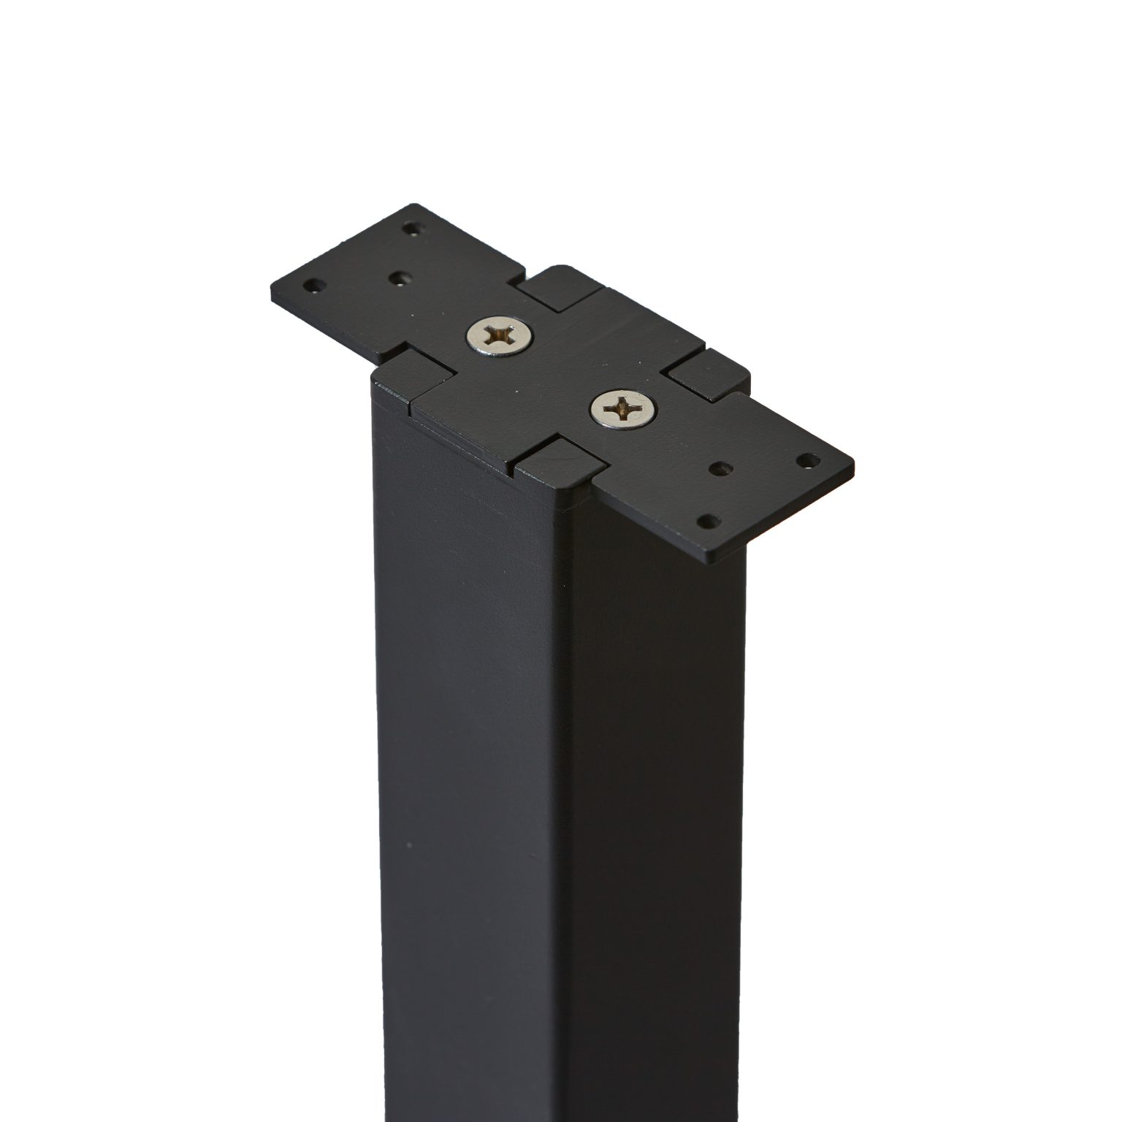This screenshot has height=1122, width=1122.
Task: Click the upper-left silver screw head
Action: click(500, 337)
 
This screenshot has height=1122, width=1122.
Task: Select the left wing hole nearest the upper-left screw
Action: click(399, 278)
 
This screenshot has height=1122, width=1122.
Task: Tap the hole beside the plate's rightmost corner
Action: click(808, 459)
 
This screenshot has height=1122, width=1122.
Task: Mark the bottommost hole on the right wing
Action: click(708, 521)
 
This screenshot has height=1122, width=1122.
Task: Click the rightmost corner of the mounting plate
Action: click(853, 462)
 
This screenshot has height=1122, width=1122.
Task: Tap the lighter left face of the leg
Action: click(467, 804)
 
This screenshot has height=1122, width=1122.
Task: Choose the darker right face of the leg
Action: click(657, 804)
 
